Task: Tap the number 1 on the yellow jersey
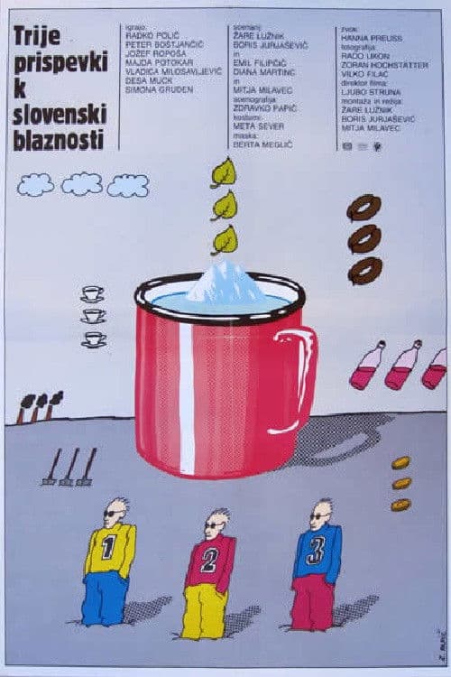(109, 547)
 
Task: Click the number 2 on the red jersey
(209, 561)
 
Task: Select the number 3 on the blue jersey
(316, 549)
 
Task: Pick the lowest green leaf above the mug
(224, 239)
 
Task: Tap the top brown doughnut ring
(364, 208)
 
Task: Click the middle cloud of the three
(82, 184)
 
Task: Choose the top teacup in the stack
(92, 293)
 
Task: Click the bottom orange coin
(400, 505)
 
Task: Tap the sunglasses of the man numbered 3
(319, 516)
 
